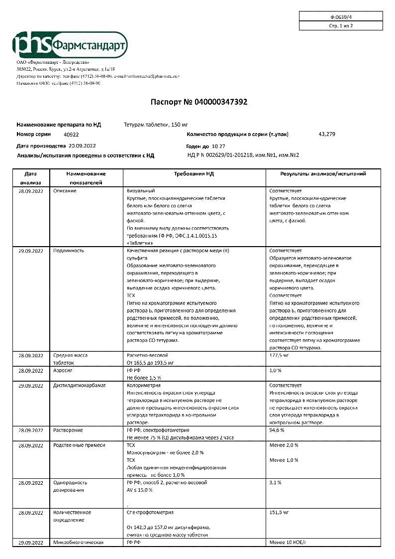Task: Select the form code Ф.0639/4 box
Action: [341, 16]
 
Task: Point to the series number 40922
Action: [71, 135]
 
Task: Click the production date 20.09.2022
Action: [82, 146]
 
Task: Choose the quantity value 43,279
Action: [327, 134]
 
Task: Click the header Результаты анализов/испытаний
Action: [323, 174]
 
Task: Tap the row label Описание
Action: [65, 191]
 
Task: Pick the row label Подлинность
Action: [69, 251]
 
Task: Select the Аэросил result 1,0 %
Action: [276, 370]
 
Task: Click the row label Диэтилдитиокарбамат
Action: [80, 385]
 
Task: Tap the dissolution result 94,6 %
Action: [277, 429]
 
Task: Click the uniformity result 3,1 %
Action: [276, 482]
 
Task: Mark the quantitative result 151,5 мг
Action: [279, 512]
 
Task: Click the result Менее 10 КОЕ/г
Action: [288, 542]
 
